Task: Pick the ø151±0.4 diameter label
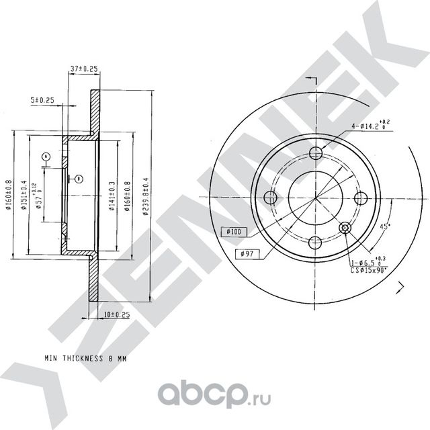coord(24,196)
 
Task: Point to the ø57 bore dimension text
coord(39,196)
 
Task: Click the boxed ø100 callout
coord(234,231)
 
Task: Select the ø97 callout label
coord(246,253)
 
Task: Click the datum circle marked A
coord(46,157)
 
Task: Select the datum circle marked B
coord(79,178)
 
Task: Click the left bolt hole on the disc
coord(271,198)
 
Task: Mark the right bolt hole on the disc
coord(360,198)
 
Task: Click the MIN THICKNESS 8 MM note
coord(85,359)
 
